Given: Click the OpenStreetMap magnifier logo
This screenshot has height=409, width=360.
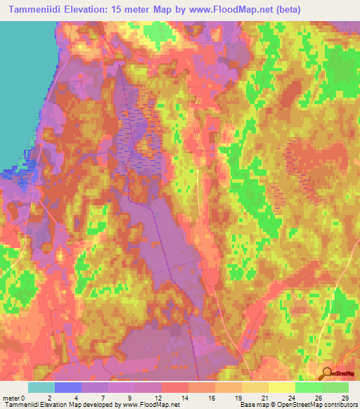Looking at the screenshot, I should pyautogui.click(x=328, y=375).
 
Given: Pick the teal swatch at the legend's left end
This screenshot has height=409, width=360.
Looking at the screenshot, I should pyautogui.click(x=41, y=387).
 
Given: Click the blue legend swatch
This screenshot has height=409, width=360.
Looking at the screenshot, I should pyautogui.click(x=68, y=387).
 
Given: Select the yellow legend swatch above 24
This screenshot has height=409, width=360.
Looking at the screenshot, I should pyautogui.click(x=281, y=387).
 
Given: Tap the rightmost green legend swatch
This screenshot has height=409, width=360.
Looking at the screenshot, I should pyautogui.click(x=335, y=387).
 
